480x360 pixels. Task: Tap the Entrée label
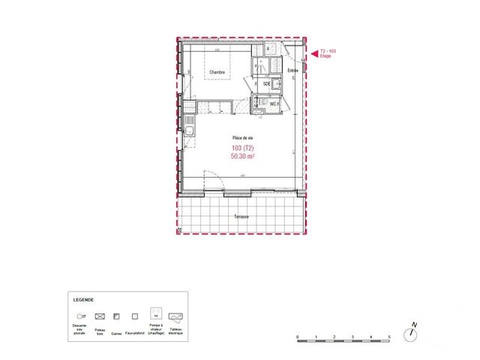coord(292,70)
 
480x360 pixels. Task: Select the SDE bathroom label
coord(266,84)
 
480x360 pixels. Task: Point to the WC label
coord(274,103)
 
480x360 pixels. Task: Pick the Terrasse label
coord(241,217)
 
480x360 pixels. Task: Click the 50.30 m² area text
coord(243,156)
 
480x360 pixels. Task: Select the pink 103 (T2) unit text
coord(242,148)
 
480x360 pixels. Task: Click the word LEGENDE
coord(83,298)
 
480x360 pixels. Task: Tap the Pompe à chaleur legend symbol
coord(155,314)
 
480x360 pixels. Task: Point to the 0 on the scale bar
coord(298,336)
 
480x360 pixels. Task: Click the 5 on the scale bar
coord(388,336)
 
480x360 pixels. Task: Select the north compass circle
coord(413,333)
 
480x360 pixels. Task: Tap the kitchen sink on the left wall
coord(190,133)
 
